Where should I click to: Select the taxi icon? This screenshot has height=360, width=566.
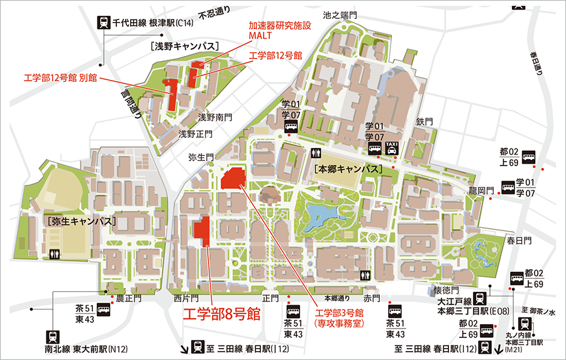pyautogui.click(x=392, y=147)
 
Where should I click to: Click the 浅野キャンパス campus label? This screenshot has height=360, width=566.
pyautogui.click(x=184, y=46)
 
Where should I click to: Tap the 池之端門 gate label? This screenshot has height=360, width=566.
pyautogui.click(x=340, y=14)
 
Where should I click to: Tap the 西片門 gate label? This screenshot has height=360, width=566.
pyautogui.click(x=186, y=298)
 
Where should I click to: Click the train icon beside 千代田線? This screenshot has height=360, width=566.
pyautogui.click(x=103, y=23)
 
